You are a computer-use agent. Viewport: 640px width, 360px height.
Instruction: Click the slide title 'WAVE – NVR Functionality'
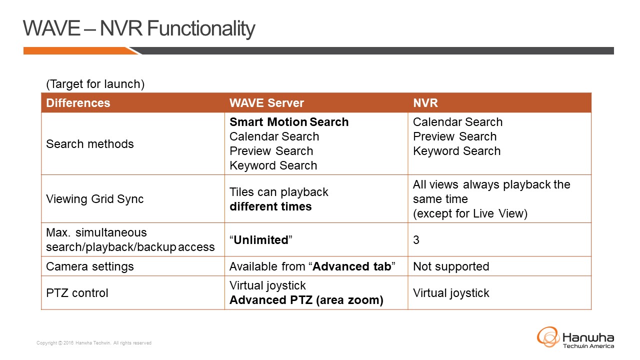click(x=139, y=28)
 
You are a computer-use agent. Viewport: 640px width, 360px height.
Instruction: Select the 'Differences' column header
click(x=78, y=103)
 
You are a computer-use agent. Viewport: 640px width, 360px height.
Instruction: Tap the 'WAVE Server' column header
click(x=266, y=103)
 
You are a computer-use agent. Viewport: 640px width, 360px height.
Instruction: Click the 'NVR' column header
click(x=425, y=103)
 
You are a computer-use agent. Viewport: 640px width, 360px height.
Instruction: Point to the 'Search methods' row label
click(x=89, y=144)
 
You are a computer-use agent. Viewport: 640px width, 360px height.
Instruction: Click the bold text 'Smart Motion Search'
click(x=289, y=122)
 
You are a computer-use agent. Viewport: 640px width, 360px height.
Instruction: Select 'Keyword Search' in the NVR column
click(x=456, y=151)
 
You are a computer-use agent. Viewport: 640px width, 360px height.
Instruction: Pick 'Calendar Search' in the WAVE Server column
click(x=274, y=136)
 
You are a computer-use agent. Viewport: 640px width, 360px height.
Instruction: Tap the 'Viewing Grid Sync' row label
click(x=94, y=199)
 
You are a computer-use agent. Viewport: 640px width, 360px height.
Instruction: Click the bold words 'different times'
click(x=270, y=206)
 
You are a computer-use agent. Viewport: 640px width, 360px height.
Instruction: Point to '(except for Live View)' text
click(x=470, y=213)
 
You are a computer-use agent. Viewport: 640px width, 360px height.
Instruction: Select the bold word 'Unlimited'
click(x=261, y=240)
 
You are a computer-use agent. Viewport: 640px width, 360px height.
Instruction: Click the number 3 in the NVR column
click(x=416, y=240)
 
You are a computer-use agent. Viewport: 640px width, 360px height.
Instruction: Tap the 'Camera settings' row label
click(x=89, y=266)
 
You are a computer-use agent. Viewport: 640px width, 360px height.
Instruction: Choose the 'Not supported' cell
click(x=451, y=266)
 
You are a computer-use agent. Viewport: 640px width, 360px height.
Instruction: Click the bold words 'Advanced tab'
click(x=351, y=266)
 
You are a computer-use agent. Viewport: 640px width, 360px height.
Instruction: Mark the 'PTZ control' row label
click(x=77, y=293)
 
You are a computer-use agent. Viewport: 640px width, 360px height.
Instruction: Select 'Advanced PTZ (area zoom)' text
click(x=306, y=300)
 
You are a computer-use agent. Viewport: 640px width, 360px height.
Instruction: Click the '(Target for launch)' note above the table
click(x=95, y=84)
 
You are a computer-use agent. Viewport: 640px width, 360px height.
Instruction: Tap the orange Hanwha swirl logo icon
click(x=548, y=337)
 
